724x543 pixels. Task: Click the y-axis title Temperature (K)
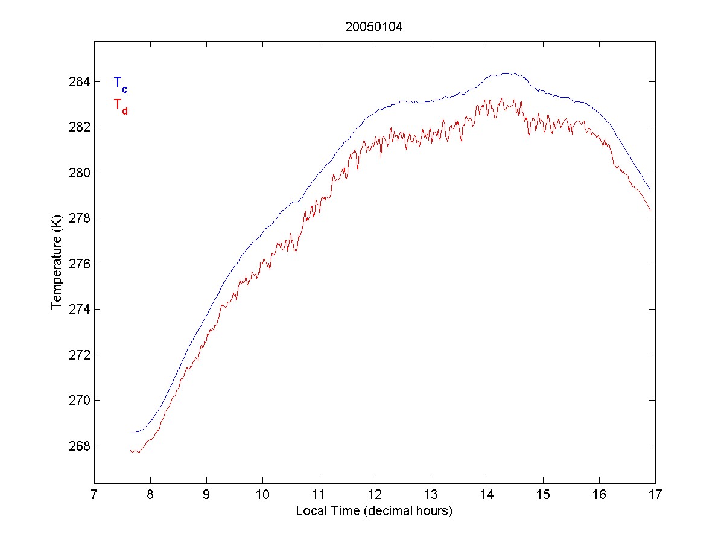(x=56, y=264)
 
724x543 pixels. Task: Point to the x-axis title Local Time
(x=374, y=512)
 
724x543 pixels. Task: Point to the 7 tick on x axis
(x=94, y=495)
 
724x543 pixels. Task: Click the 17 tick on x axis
(x=655, y=495)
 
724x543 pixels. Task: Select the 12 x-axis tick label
(x=375, y=495)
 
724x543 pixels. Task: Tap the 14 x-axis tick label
(x=487, y=495)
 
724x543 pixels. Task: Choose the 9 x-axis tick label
(x=206, y=495)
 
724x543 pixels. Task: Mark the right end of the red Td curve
(x=650, y=211)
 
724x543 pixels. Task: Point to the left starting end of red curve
(x=130, y=451)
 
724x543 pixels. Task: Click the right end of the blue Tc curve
(x=650, y=191)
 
